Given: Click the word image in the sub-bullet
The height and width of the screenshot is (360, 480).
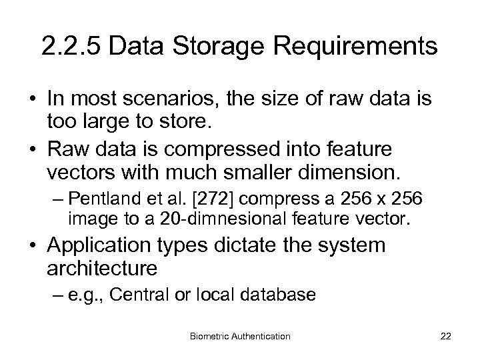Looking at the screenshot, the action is (x=83, y=217).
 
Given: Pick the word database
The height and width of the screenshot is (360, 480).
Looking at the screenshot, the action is (x=285, y=295).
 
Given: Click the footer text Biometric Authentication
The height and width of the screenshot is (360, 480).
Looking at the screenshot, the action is (x=239, y=336).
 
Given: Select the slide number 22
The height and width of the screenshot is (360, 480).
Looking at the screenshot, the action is (x=445, y=336).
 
